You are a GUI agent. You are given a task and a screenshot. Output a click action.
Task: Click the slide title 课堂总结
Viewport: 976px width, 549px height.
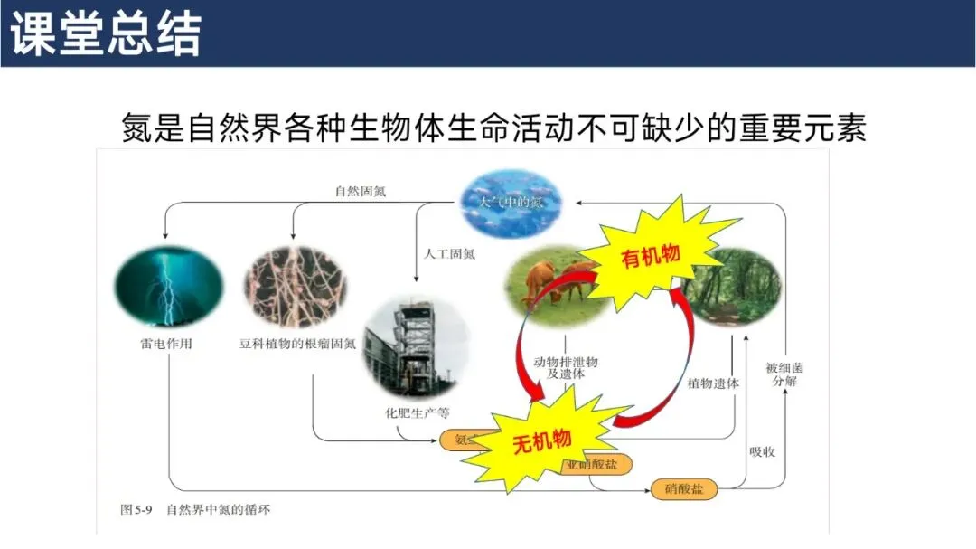coord(107,33)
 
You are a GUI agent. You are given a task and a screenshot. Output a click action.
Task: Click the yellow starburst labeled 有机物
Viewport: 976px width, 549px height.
coord(650,257)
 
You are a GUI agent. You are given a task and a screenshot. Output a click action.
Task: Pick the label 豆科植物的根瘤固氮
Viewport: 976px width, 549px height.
coord(297,344)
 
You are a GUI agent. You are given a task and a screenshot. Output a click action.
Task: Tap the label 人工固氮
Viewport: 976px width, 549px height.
coord(450,253)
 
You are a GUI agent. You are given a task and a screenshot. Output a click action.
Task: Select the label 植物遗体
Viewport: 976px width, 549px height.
coord(713,383)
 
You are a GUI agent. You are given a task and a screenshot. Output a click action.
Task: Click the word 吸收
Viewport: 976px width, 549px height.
coord(762,450)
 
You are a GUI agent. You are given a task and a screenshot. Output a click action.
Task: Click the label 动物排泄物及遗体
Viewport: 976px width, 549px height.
coord(566,367)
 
